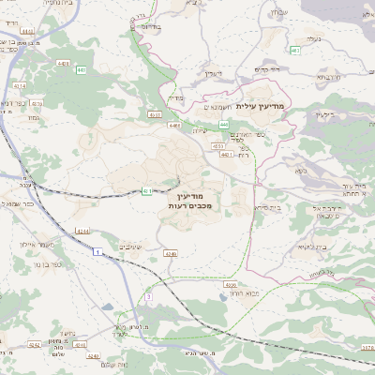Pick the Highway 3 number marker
148,297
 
